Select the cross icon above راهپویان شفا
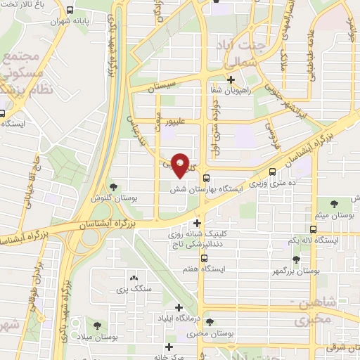231,79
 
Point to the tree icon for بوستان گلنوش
114,186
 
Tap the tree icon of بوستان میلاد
96,326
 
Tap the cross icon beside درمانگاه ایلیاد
179,308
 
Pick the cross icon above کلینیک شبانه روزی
198,223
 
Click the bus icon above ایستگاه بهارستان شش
206,178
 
